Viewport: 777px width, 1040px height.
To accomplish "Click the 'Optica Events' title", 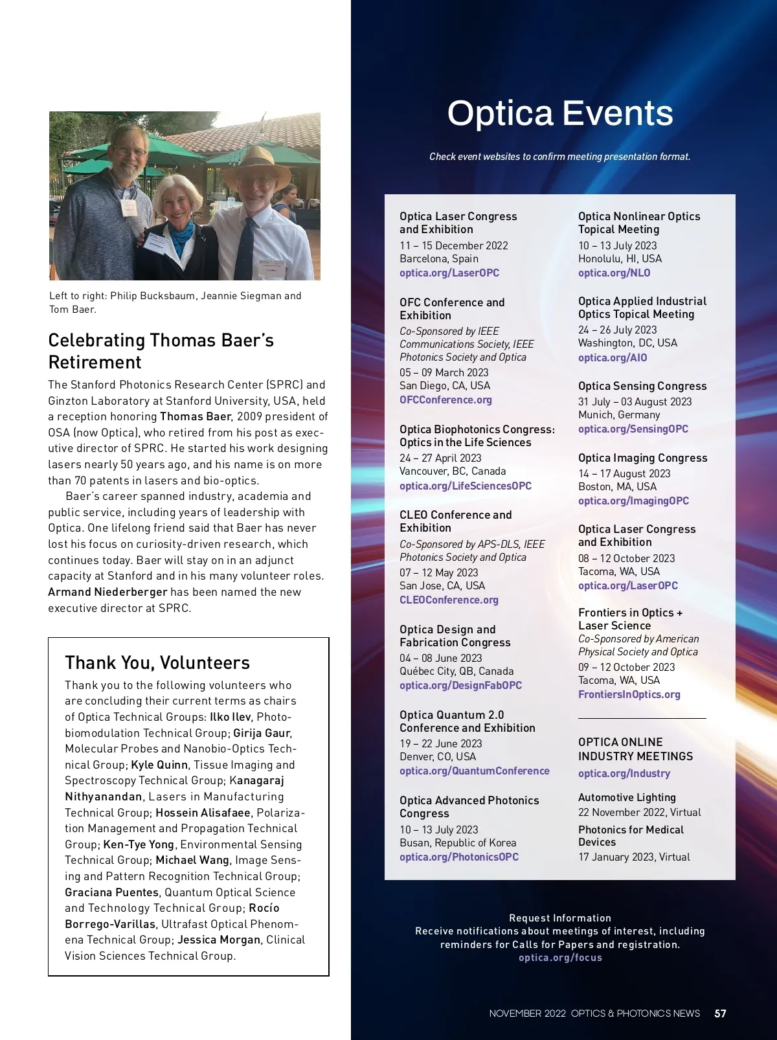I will (x=560, y=113).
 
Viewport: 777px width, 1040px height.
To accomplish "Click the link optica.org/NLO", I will (x=614, y=273).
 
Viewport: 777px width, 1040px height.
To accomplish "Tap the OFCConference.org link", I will (x=445, y=400).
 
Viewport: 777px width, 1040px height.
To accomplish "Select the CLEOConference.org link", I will (x=449, y=600).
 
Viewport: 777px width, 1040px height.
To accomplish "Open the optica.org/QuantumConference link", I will (x=474, y=771).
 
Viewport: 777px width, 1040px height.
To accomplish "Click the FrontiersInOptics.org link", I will (x=629, y=694).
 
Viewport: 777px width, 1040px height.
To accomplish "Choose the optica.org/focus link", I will (x=560, y=958).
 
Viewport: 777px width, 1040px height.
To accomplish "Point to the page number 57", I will (x=720, y=1013).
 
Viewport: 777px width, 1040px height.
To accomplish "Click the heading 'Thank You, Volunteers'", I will (x=157, y=662).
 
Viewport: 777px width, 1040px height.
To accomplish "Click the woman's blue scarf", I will (x=181, y=231).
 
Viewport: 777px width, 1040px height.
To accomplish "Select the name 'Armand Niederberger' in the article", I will (x=107, y=592).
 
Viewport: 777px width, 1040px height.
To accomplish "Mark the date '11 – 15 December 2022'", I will (x=453, y=245).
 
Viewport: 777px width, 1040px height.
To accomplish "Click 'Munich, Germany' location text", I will (x=619, y=414).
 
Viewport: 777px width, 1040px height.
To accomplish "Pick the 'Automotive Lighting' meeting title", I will (x=627, y=797).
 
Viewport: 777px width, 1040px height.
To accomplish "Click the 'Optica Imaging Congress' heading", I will (x=642, y=458).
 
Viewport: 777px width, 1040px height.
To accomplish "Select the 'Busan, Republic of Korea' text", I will (x=458, y=842).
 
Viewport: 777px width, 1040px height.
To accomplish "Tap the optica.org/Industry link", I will (x=624, y=773).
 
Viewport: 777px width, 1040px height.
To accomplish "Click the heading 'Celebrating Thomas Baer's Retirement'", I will (x=161, y=351).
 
